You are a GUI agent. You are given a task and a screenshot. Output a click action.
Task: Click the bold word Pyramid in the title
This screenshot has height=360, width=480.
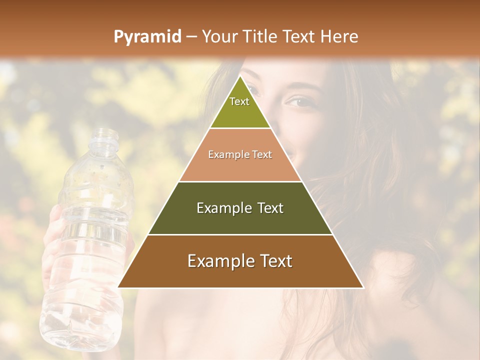pyautogui.click(x=147, y=37)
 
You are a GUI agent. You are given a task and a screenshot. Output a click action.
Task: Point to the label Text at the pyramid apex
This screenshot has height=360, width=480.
pyautogui.click(x=239, y=101)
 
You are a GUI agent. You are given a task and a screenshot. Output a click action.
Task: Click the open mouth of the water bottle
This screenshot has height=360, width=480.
pyautogui.click(x=105, y=131)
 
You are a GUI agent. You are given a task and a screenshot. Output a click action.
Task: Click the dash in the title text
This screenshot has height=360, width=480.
pyautogui.click(x=191, y=37)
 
